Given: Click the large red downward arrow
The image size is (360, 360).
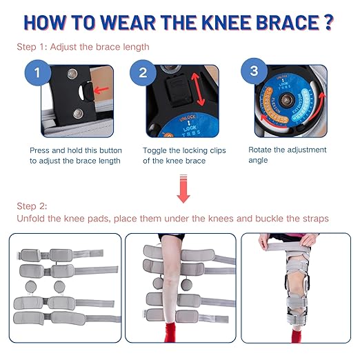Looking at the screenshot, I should pos(183,188).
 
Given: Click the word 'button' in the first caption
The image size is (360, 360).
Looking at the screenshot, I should pos(107,150).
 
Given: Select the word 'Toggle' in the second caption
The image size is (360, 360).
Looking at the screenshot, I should pos(155,150).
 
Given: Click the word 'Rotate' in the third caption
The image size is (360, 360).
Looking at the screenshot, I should pos(261,149).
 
